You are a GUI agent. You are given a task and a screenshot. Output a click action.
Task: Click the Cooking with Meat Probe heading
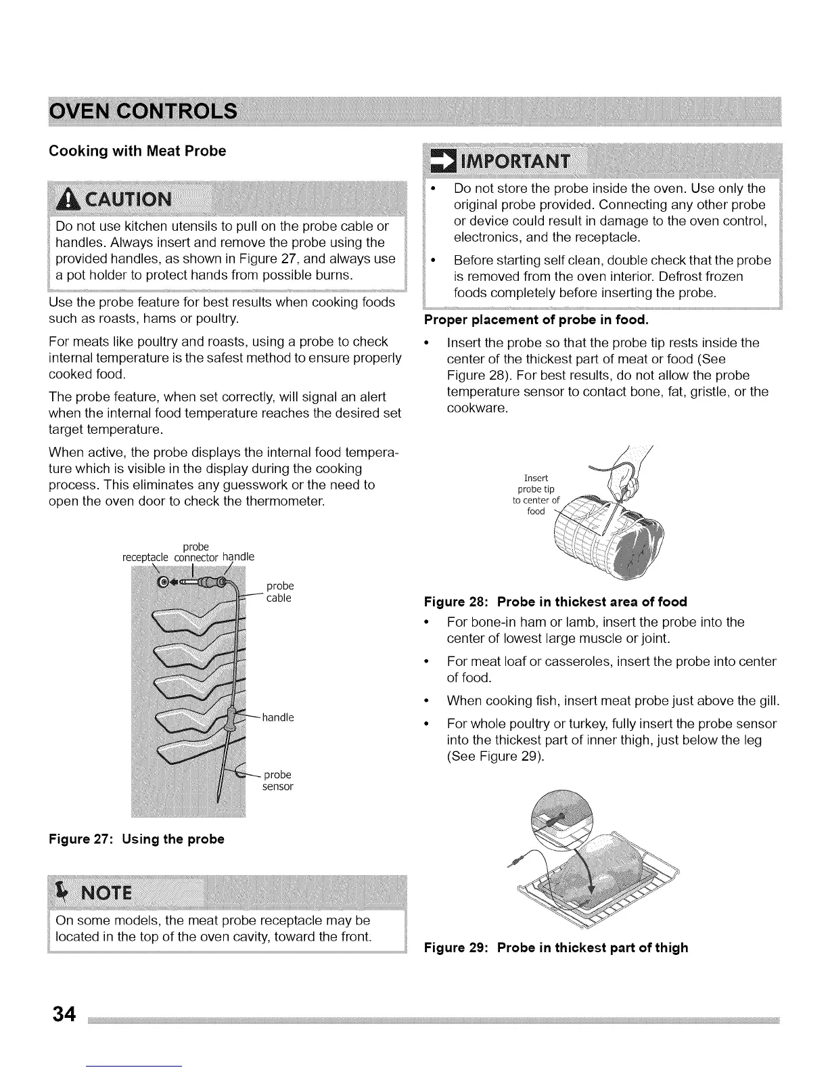[x=137, y=151]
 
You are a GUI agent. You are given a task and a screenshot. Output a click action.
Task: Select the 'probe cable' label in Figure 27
[x=279, y=591]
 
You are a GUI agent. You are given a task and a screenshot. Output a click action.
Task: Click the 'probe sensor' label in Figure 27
[x=277, y=780]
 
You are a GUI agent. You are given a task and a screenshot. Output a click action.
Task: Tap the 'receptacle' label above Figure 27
[x=145, y=557]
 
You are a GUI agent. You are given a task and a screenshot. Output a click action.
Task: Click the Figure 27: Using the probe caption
[x=136, y=839]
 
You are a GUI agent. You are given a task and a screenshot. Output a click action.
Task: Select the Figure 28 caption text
[x=555, y=602]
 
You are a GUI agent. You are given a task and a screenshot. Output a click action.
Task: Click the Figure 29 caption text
[x=555, y=947]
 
